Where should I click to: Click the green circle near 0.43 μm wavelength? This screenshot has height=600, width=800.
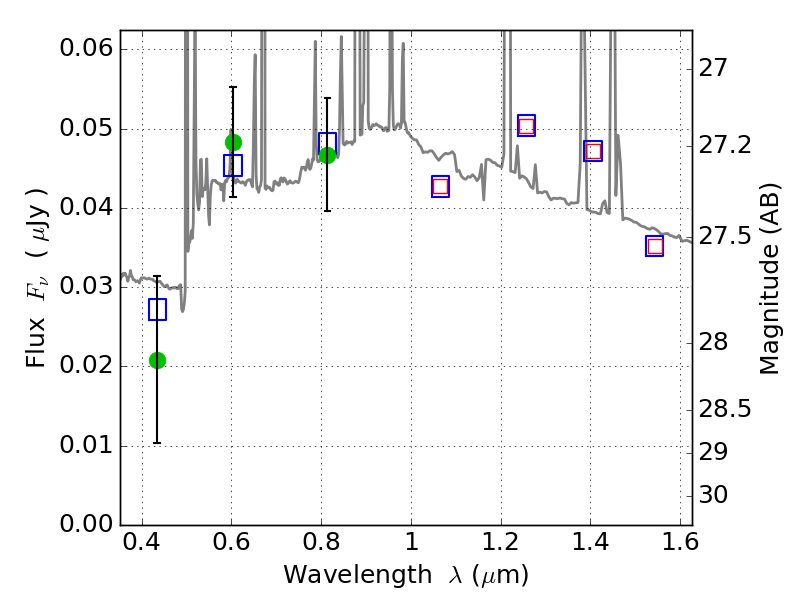click(x=157, y=360)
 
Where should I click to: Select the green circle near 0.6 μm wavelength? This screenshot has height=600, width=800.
click(x=233, y=142)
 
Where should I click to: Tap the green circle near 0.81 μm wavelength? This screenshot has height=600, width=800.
click(x=327, y=155)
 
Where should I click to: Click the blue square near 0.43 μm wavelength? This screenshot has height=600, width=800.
click(x=157, y=309)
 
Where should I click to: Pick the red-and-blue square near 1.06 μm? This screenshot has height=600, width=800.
click(x=440, y=186)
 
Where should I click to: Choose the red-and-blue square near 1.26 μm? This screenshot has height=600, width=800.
click(x=526, y=125)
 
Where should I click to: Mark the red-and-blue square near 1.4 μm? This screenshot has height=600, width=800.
click(x=593, y=151)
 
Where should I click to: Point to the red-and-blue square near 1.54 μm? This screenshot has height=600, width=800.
click(x=655, y=246)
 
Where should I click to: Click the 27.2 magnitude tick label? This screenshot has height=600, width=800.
click(x=726, y=146)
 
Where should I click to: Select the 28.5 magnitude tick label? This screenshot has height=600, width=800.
click(x=726, y=410)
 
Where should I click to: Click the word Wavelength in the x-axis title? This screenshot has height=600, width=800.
click(x=341, y=575)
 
